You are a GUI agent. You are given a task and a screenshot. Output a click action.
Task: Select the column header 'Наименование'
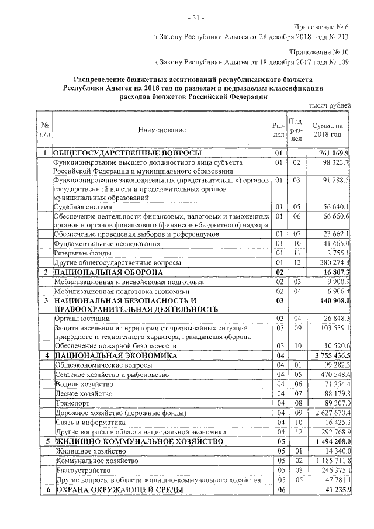(162, 129)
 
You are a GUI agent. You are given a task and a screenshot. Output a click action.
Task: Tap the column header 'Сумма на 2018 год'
(327, 129)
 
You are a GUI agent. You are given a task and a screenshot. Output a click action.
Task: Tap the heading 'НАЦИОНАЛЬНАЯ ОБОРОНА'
(100, 272)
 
